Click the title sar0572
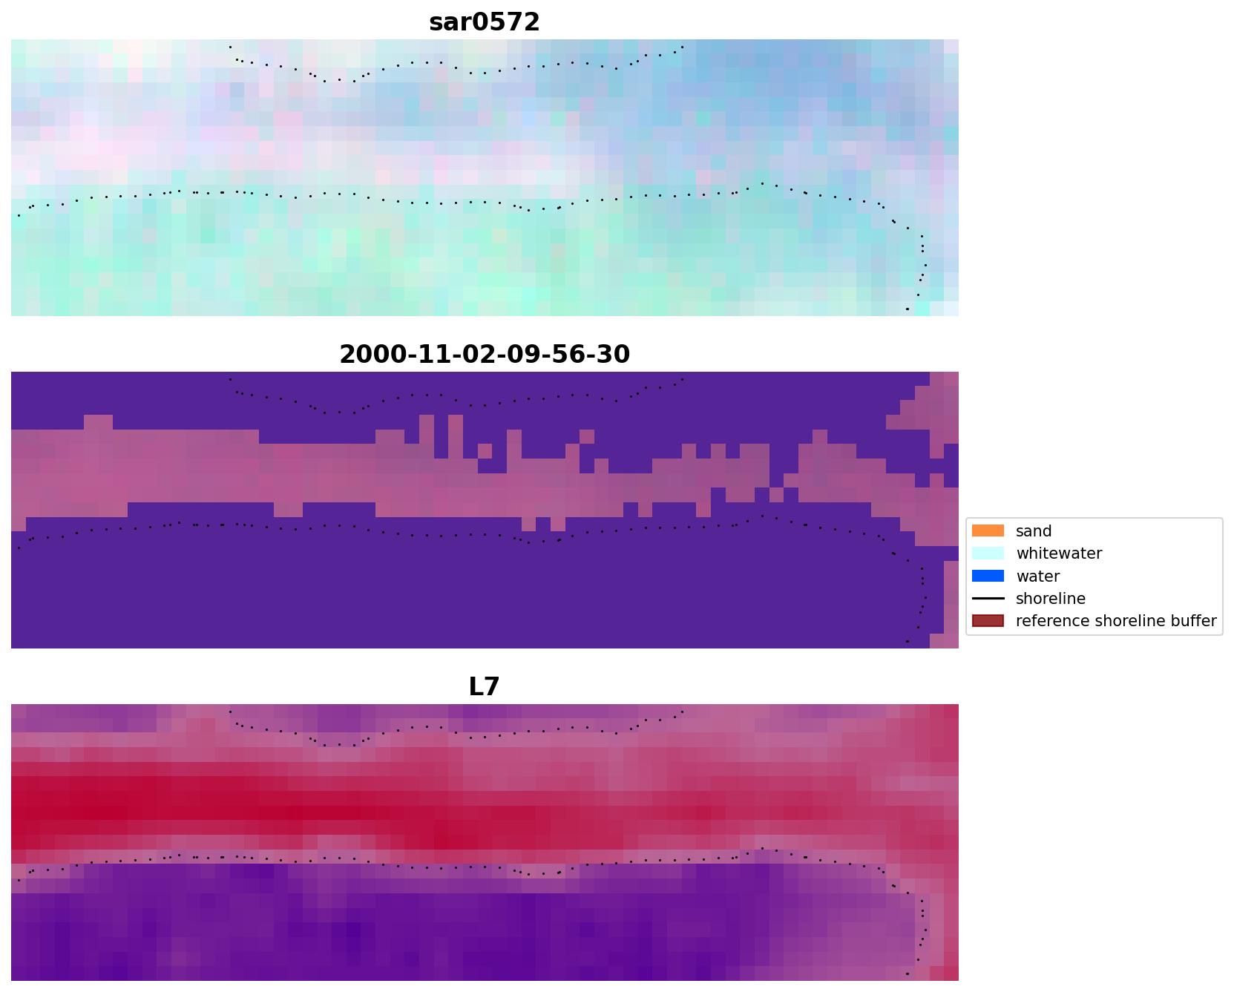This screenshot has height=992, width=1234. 485,22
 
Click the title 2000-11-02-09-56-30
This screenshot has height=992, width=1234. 485,355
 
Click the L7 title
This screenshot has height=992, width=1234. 485,687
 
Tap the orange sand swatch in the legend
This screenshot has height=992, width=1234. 988,531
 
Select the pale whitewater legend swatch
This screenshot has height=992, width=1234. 988,554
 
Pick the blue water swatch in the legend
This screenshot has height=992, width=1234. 988,577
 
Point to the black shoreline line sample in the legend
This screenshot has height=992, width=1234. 988,599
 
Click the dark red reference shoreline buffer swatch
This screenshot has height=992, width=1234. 988,621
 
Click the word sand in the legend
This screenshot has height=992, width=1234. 1034,531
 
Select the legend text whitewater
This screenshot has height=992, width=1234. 1059,554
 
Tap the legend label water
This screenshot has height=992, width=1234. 1037,577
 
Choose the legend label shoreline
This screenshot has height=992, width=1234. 1050,599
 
